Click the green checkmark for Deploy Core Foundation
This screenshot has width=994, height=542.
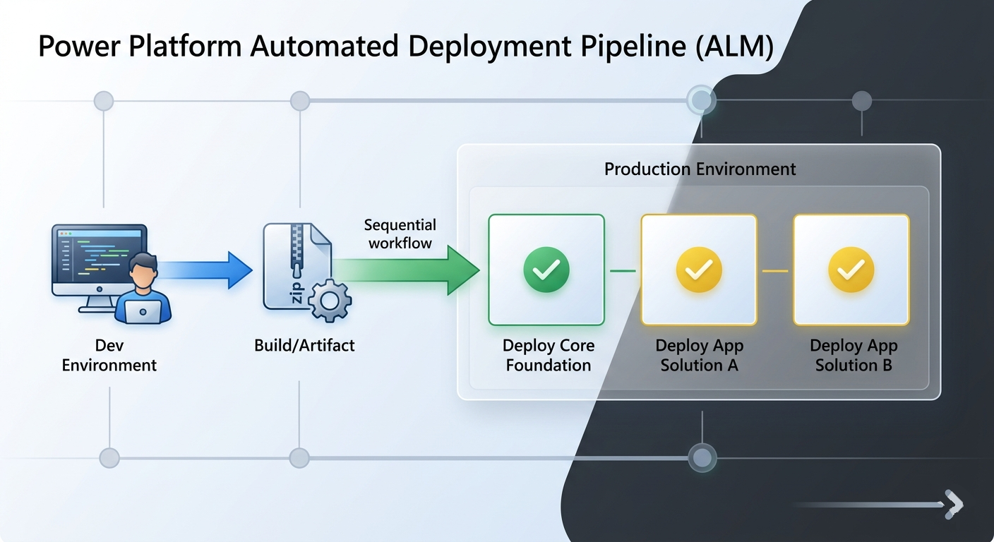click(546, 270)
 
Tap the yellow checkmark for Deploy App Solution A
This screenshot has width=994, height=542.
click(699, 270)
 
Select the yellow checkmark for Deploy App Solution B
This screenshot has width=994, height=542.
click(851, 270)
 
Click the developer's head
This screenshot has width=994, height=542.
click(145, 272)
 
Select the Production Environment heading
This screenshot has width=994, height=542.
click(700, 169)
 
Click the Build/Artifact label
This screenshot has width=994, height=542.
click(304, 346)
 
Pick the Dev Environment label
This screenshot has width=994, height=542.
click(109, 356)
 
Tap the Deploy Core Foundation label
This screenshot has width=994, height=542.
click(548, 356)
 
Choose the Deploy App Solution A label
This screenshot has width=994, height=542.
click(699, 356)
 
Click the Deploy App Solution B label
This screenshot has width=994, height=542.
click(853, 356)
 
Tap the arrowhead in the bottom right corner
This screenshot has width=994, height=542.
click(954, 504)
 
